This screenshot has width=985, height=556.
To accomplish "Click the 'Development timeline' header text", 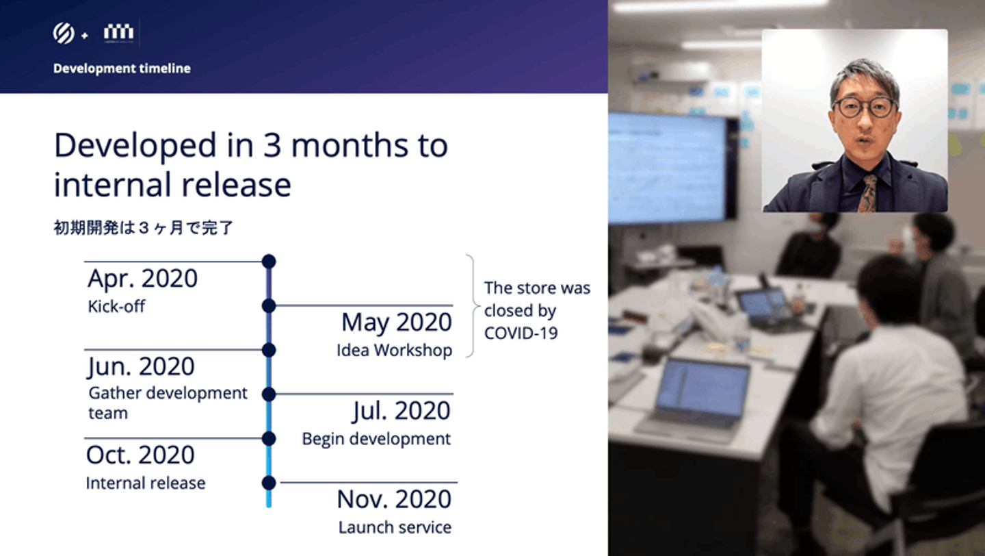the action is (122, 68).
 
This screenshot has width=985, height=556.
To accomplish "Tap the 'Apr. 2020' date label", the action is (142, 278).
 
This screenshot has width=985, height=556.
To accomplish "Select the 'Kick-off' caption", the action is (116, 306).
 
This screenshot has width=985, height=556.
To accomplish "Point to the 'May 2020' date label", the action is (397, 323).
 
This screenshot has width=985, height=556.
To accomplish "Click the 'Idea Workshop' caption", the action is (395, 351).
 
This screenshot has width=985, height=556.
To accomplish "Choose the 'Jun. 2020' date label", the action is (141, 366).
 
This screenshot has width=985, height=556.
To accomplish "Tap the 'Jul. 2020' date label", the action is (401, 411).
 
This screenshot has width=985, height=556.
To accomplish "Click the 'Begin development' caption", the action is (376, 439).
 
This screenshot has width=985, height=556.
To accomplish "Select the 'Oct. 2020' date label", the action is (140, 455).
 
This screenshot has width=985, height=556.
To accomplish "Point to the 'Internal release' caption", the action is (146, 483).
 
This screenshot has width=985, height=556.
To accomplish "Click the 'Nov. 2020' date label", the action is (394, 499).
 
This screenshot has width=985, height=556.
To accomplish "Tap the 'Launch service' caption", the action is (395, 527).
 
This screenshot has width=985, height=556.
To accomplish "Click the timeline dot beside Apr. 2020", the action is (269, 262).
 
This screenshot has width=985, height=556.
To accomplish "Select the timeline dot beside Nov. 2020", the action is (269, 483).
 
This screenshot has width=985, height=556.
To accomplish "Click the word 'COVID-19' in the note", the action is (521, 333).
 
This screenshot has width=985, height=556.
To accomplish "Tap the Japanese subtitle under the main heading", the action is (144, 228).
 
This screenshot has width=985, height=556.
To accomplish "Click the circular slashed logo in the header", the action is (64, 33).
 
